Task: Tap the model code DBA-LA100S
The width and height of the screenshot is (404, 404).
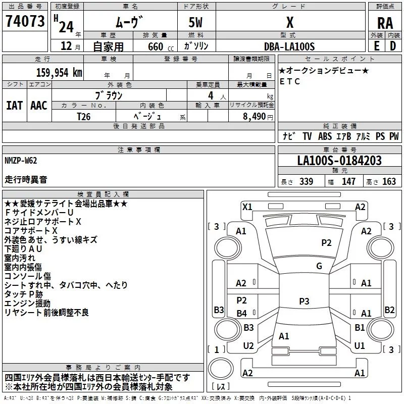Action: tap(289, 46)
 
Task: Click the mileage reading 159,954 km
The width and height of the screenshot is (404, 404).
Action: tap(59, 72)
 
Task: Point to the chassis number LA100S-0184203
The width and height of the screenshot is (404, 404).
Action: tap(339, 161)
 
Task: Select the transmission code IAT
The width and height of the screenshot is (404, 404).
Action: tap(14, 106)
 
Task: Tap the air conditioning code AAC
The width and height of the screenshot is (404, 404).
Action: tap(39, 106)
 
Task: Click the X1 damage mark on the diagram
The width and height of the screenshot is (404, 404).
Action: tap(247, 206)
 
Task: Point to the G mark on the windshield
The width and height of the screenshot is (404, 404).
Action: tap(319, 266)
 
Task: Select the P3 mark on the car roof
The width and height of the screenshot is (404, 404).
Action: tap(304, 301)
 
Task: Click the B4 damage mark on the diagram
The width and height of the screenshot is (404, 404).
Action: tap(242, 314)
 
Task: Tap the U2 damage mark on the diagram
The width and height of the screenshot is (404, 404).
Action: tap(248, 346)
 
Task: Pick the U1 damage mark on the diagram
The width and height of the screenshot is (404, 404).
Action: tap(360, 346)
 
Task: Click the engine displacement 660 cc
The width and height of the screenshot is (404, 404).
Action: tap(154, 46)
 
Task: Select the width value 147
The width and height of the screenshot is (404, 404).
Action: tap(348, 182)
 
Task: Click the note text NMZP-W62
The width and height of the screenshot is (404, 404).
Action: tap(21, 161)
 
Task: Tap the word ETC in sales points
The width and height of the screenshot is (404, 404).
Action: tap(290, 81)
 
